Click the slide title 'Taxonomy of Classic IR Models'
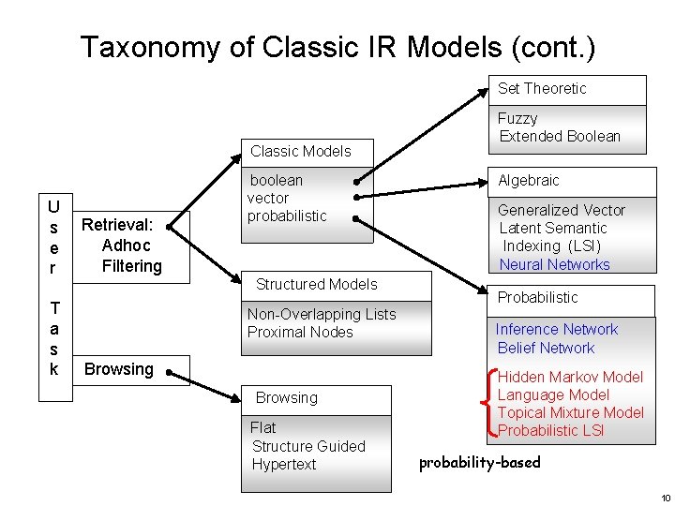coord(337,47)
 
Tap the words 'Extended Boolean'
coord(560,136)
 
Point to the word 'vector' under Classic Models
coord(268,198)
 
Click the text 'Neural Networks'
coord(554,264)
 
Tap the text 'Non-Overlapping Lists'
coord(322,314)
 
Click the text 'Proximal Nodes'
coord(300,332)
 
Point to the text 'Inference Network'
coord(557,329)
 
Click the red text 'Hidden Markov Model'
coord(570,377)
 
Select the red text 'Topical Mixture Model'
coord(570,412)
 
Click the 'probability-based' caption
coord(479,463)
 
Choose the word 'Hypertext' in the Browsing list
coord(284,464)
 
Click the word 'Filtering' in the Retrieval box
coord(131,265)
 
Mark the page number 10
coord(665,498)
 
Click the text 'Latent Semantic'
coord(553,228)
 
